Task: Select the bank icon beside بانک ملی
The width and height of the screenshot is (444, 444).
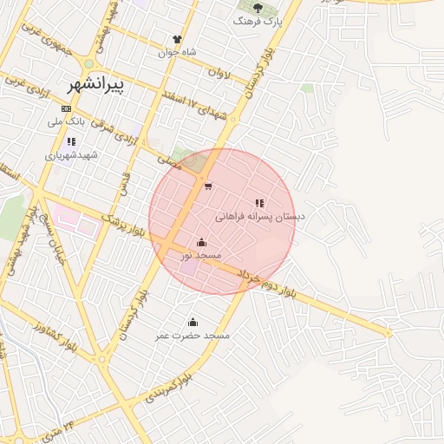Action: [67, 108]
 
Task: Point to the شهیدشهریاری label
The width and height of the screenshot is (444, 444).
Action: [73, 155]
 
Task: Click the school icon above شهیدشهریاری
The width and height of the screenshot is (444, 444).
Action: [71, 141]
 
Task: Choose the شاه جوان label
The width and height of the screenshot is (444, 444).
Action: [177, 52]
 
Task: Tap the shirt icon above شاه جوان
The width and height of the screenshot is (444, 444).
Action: [177, 39]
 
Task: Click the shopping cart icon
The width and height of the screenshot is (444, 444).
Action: [207, 186]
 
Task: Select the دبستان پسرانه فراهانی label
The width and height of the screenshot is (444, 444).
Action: [258, 217]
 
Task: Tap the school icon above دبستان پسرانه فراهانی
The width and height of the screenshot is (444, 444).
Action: [259, 203]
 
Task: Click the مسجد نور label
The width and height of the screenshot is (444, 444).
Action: [201, 256]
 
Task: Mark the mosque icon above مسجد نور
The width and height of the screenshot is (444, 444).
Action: [201, 242]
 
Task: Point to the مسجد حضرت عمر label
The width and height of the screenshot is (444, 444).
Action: [193, 335]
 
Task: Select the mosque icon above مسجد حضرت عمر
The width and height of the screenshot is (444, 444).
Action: [193, 322]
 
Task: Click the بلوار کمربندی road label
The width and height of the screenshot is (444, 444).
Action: [163, 388]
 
